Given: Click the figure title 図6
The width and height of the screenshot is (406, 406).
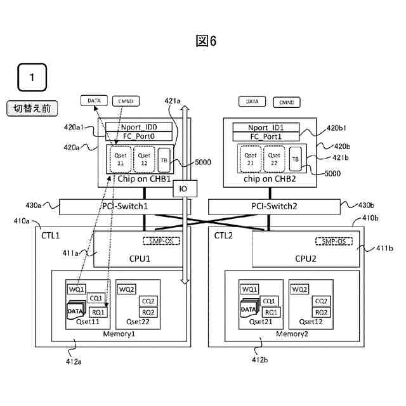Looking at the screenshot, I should tap(206, 41).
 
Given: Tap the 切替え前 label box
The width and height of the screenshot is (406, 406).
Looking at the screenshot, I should tap(32, 108).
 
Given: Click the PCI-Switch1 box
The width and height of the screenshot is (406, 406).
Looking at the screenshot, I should tap(121, 206).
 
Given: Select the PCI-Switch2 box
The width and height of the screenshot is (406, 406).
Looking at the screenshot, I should tap(274, 206).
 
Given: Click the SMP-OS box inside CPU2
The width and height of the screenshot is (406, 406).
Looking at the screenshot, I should tap(333, 242).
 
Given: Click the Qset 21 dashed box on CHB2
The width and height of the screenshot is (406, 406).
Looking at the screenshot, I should tap(251, 158).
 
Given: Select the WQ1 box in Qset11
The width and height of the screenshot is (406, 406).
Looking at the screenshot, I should tap(76, 289).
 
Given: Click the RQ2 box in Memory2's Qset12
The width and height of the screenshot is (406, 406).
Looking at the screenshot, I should tap(321, 312).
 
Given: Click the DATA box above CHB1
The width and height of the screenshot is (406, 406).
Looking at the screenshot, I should tap(94, 100).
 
